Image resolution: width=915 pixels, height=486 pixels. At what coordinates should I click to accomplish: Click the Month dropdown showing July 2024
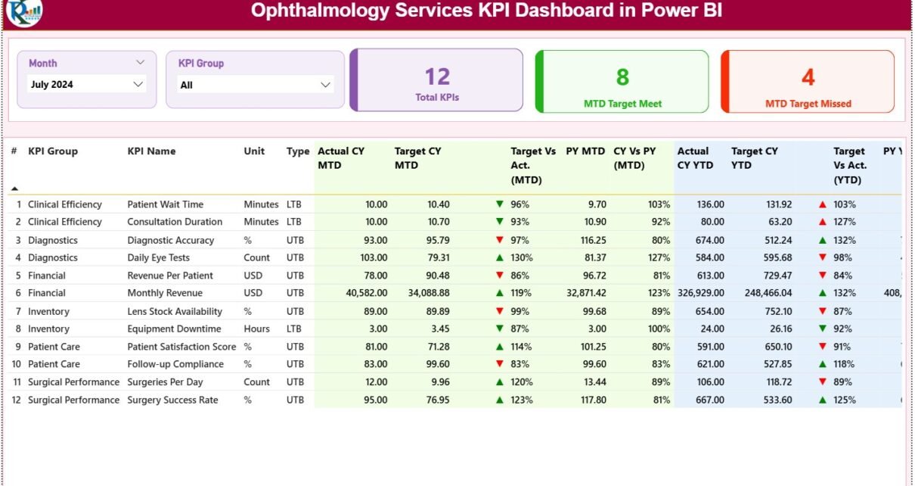(x=86, y=85)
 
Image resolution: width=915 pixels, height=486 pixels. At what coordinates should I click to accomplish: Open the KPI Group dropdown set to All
(x=256, y=85)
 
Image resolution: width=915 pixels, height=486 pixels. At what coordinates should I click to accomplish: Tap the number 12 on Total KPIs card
(x=437, y=76)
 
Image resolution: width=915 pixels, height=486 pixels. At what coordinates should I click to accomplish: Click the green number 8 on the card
(x=622, y=76)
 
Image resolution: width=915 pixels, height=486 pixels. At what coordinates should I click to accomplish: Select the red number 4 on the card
(x=808, y=77)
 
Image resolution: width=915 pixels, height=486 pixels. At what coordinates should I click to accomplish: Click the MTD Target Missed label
(x=808, y=104)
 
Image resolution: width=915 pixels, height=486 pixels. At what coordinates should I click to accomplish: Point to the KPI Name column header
(x=151, y=151)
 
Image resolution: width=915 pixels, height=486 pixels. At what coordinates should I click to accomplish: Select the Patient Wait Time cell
(x=165, y=204)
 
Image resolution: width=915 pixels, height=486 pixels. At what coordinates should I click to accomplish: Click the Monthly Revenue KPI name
(x=164, y=293)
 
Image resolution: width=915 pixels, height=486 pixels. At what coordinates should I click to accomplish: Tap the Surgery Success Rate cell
(x=173, y=400)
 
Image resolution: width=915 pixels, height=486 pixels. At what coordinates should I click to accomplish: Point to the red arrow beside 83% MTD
(x=499, y=364)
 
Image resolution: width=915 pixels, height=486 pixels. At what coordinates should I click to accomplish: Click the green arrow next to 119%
(x=499, y=293)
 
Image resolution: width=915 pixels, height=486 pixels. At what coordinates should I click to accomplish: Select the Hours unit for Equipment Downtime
(x=256, y=329)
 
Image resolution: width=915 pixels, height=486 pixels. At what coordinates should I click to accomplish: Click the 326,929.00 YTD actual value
(x=700, y=293)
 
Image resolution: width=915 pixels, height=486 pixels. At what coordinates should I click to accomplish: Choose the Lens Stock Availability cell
(x=175, y=311)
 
